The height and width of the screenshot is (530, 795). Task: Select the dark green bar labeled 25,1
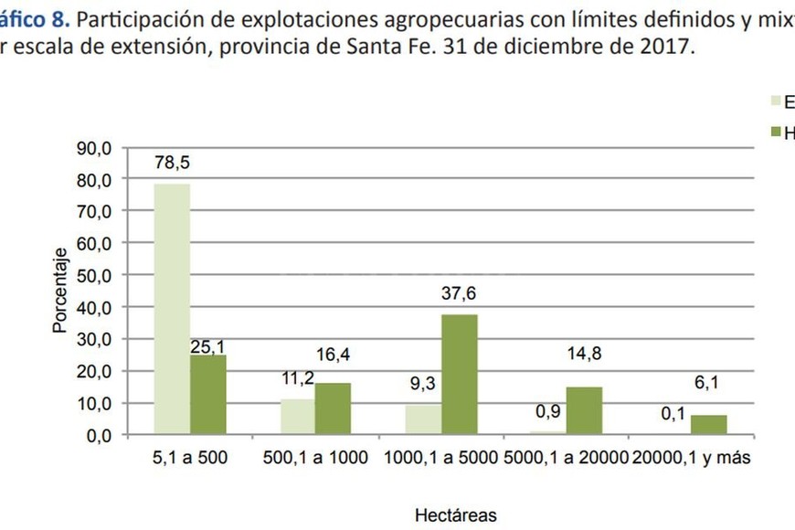208,395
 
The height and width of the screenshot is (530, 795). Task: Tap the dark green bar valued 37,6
459,374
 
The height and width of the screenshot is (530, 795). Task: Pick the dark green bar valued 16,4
334,408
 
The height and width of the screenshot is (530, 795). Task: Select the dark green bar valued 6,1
709,425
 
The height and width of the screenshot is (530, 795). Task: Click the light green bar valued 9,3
423,419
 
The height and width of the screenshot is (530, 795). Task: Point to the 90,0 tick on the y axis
92,148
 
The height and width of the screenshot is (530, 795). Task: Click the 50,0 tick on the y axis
92,276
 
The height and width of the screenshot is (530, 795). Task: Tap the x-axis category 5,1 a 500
190,459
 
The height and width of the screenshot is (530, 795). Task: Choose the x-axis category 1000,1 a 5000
440,459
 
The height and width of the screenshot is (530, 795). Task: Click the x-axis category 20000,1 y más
692,459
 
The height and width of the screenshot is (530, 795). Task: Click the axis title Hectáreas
456,515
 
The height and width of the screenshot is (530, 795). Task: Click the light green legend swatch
778,101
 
